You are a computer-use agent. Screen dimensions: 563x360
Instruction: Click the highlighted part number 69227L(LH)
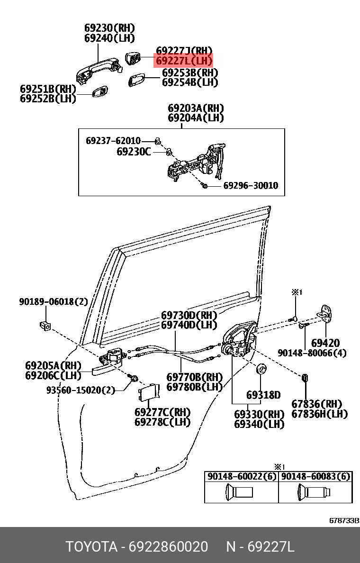pos(184,61)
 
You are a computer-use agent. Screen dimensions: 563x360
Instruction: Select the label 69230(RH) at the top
pos(109,28)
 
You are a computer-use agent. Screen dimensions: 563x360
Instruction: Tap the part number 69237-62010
pos(113,141)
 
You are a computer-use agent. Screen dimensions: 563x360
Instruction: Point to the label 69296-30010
pos(251,185)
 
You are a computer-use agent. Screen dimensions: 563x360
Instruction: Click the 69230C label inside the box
pos(134,152)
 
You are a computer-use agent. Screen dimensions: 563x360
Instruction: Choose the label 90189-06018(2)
pos(53,301)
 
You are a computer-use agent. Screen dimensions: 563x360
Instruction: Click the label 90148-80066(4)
pos(312,353)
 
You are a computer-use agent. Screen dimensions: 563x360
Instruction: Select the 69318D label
pos(263,395)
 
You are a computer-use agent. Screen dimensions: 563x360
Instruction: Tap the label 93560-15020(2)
pos(81,390)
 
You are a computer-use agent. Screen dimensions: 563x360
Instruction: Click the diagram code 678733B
pos(344,520)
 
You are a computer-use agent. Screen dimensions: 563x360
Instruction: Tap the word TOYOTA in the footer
pos(91,547)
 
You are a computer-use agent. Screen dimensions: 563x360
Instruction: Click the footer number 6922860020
pos(168,547)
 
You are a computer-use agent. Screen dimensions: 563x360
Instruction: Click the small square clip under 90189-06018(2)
pos(45,326)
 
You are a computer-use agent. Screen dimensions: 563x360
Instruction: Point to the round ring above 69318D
pos(261,369)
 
